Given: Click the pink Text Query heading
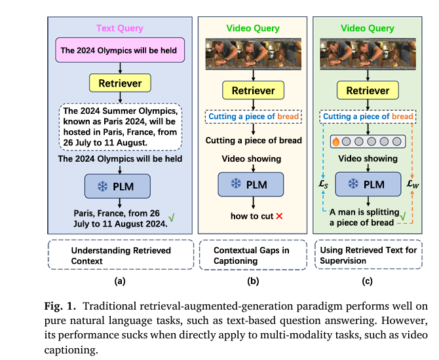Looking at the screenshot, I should (120, 28).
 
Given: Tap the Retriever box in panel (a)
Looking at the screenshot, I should (121, 83).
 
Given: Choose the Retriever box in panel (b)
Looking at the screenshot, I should (253, 91).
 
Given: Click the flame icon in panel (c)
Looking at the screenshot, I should (335, 140).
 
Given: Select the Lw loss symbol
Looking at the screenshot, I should (412, 185).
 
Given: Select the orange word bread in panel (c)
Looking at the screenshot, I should (403, 117).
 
